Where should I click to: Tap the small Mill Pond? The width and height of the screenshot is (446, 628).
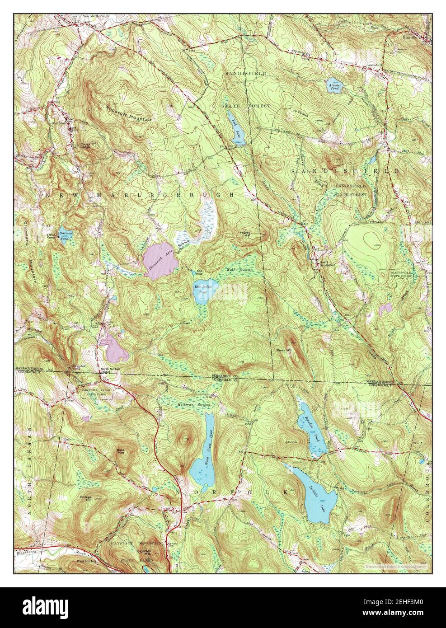tap(198, 272)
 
